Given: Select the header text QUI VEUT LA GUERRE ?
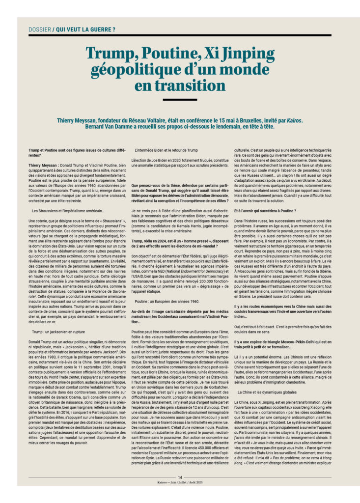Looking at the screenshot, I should pos(86,29).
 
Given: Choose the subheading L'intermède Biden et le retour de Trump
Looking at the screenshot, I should pos(166,150).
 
